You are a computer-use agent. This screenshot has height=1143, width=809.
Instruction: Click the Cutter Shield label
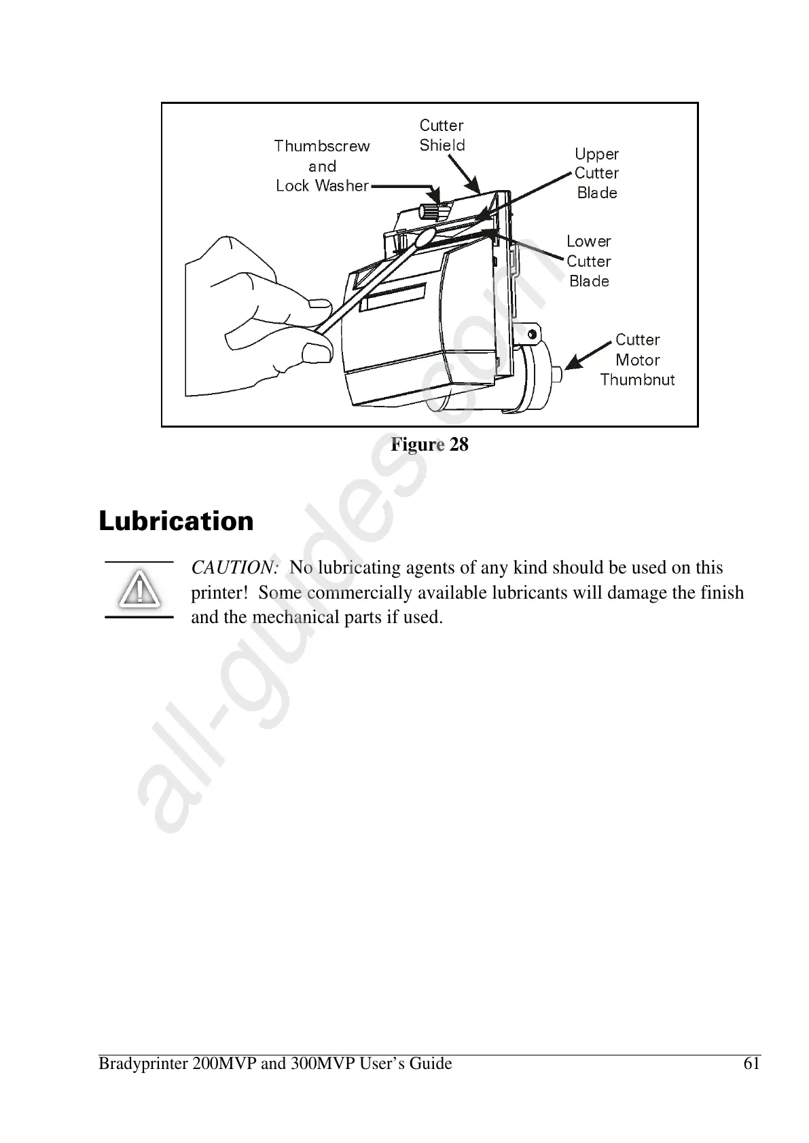[x=442, y=135]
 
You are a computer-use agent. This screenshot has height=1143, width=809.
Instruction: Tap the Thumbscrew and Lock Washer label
[x=322, y=166]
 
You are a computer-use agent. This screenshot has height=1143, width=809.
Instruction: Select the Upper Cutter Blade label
[x=596, y=174]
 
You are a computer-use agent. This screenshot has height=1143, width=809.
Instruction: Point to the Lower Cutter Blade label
[x=588, y=261]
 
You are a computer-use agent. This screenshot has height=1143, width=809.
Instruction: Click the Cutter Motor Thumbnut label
[x=637, y=360]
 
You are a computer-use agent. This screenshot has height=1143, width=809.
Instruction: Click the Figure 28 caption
[x=429, y=445]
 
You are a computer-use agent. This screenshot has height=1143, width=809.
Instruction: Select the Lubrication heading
[x=176, y=521]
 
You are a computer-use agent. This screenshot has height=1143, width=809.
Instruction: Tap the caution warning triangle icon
[x=139, y=589]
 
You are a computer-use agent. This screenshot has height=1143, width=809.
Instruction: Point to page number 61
[x=751, y=1064]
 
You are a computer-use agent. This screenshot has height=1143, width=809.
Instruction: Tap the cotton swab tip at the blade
[x=425, y=238]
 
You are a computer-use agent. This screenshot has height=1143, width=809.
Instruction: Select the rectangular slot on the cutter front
[x=393, y=298]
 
